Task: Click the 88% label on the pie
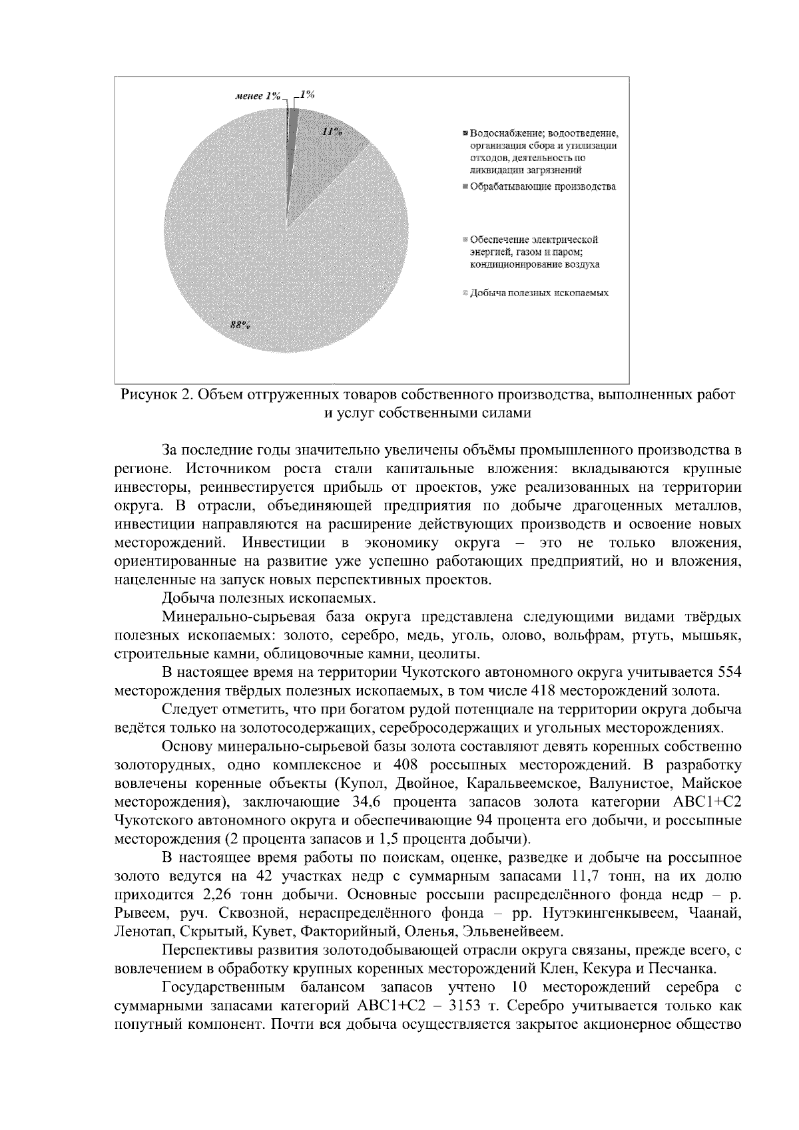click(240, 325)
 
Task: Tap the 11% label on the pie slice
click(331, 132)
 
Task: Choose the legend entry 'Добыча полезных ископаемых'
click(539, 292)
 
